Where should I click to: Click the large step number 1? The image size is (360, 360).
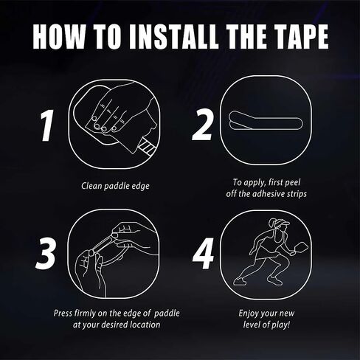point(46,125)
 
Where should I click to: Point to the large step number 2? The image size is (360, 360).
point(202,125)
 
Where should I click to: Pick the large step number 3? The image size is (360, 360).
point(46,253)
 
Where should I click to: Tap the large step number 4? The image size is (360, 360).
point(204,253)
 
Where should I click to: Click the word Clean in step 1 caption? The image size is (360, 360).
point(91,186)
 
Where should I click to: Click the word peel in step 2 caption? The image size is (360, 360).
point(292,183)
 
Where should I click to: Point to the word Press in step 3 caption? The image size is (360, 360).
point(63,314)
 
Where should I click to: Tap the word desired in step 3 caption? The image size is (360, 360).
point(112,325)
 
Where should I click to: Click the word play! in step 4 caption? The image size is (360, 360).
point(281,325)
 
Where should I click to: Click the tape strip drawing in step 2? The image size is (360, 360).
point(266,120)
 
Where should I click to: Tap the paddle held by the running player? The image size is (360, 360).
point(300,247)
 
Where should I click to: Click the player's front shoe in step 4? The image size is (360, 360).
point(275,280)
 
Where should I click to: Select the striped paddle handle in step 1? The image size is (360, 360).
point(146,147)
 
